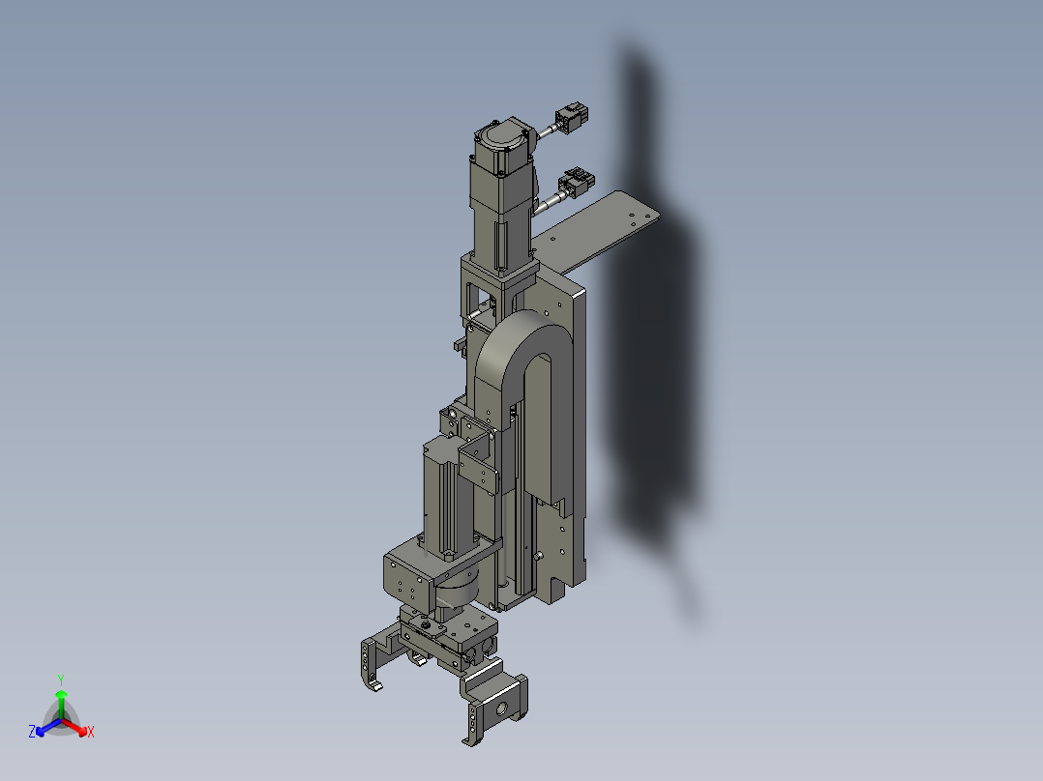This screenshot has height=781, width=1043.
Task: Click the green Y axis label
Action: [x=61, y=679]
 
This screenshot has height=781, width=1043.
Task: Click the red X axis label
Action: [x=90, y=733]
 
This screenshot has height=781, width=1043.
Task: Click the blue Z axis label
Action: [x=32, y=733]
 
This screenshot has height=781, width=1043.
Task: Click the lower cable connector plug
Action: [x=579, y=182]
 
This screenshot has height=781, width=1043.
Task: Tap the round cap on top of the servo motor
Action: [x=502, y=135]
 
